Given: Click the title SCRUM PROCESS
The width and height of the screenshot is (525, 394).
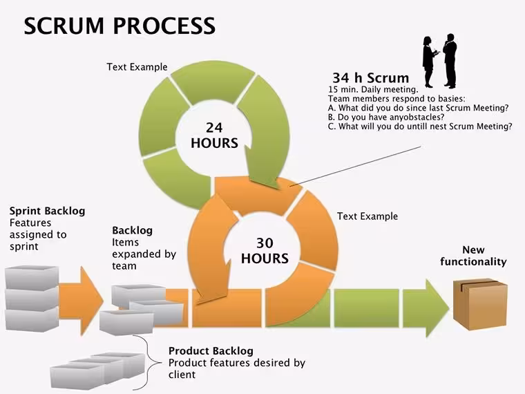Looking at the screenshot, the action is (120, 26).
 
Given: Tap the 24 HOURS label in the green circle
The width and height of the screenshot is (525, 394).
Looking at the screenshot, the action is (214, 135).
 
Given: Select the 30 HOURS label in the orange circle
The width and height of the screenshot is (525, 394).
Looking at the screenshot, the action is (265, 251).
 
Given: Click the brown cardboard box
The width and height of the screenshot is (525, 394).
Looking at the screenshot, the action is (480, 305).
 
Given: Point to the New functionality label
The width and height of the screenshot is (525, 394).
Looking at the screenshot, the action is (473, 256).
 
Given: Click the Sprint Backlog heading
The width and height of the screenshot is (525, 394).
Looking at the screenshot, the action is (47, 211).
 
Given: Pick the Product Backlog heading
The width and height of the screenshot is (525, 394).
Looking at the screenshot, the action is (211, 350).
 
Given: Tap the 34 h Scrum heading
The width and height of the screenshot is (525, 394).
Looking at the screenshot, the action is (371, 77).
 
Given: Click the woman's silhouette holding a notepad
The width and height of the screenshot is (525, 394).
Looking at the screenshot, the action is (430, 62).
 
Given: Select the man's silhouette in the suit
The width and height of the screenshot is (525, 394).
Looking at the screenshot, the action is (450, 61).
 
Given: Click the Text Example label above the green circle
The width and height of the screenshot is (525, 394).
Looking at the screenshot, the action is (137, 67).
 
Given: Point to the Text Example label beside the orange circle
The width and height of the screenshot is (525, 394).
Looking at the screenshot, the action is (367, 216).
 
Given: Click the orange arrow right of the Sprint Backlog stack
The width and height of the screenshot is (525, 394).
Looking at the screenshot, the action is (82, 301).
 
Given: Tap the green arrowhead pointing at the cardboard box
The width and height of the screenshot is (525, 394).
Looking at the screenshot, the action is (426, 308).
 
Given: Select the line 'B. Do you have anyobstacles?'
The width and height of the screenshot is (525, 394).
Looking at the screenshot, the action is (386, 118).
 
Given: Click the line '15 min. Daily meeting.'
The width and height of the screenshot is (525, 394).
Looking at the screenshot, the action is (373, 89).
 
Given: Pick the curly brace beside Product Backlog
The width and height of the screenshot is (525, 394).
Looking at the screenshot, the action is (149, 362).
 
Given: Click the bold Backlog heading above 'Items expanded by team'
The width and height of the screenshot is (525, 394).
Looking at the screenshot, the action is (132, 230).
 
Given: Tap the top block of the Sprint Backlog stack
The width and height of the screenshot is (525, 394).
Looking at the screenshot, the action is (32, 276).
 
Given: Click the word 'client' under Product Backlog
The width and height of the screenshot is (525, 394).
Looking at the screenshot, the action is (182, 374).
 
